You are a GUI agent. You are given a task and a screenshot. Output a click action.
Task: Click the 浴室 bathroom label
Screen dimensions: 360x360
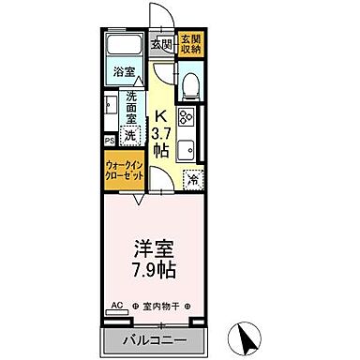(124, 70)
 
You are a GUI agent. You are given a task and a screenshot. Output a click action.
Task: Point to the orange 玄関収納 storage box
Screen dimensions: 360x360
(190, 43)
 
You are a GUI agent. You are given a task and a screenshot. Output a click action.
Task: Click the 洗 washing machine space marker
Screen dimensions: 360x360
(132, 135)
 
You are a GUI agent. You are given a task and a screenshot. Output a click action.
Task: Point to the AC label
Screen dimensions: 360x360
(118, 306)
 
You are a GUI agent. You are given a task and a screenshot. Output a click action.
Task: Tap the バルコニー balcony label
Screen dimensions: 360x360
(153, 339)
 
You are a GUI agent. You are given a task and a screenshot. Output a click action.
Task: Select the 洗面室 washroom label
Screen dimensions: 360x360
(132, 108)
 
